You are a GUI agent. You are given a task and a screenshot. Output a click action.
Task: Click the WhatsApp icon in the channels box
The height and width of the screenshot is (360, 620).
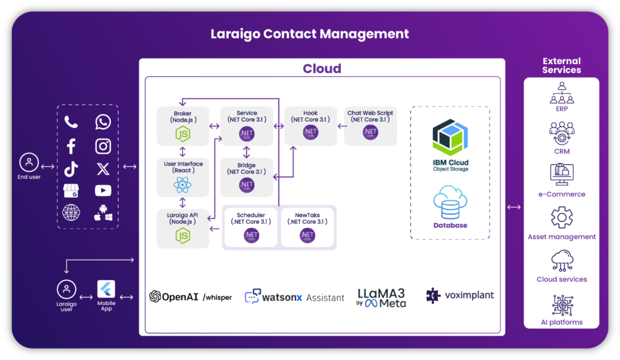tap(103, 122)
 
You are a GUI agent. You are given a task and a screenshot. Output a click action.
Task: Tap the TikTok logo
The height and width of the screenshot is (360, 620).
tap(71, 168)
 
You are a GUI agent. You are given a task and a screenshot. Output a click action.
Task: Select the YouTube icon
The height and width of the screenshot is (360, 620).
tap(103, 191)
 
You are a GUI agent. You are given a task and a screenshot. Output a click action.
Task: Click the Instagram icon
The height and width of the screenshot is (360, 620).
tap(103, 146)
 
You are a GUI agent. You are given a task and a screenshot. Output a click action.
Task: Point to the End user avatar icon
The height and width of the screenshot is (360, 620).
tap(28, 163)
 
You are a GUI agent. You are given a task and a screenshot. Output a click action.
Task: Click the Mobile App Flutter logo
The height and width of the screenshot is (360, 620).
tap(106, 289)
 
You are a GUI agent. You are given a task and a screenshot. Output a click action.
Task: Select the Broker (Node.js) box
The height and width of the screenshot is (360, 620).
tap(182, 126)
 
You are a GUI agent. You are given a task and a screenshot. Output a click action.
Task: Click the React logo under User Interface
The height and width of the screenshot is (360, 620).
tap(182, 185)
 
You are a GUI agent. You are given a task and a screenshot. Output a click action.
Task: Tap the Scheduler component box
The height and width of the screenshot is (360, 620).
tap(251, 227)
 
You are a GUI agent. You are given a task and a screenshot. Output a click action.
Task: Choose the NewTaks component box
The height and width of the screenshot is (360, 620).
tap(308, 227)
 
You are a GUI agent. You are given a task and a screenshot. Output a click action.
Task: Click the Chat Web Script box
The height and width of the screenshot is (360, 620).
tap(370, 126)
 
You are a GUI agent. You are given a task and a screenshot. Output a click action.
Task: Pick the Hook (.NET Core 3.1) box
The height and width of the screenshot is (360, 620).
tap(310, 126)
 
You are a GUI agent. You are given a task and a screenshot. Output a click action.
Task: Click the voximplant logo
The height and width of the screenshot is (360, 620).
tap(460, 296)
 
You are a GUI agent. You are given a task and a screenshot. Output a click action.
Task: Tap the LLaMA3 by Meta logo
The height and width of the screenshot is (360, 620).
tap(381, 297)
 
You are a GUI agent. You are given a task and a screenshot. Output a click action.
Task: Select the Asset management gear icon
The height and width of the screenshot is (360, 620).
tap(561, 218)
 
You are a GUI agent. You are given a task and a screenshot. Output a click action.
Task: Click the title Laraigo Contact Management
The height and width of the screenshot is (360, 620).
tap(309, 34)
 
